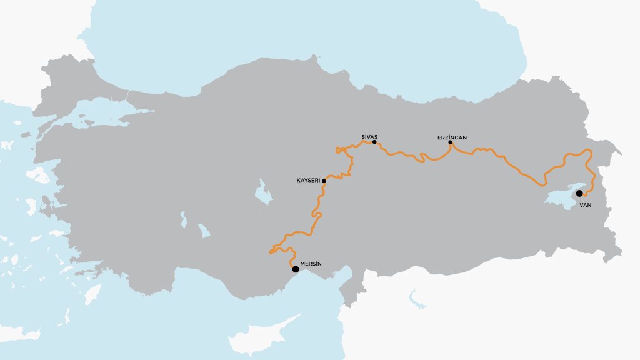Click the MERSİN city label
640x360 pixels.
coord(311,264)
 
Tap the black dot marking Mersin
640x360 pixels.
coord(296,269)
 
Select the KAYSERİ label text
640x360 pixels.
coord(308,181)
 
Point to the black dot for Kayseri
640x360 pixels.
coord(324,181)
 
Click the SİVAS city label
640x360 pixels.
coord(371,136)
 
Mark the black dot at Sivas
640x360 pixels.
coord(374,142)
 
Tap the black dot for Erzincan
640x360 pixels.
coord(451,142)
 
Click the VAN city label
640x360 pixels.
coord(585,204)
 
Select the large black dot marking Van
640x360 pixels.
coord(579,193)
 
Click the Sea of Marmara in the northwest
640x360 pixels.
coord(100,119)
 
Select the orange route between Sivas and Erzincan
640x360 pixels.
coord(412,156)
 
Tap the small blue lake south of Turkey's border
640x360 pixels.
coord(413,298)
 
